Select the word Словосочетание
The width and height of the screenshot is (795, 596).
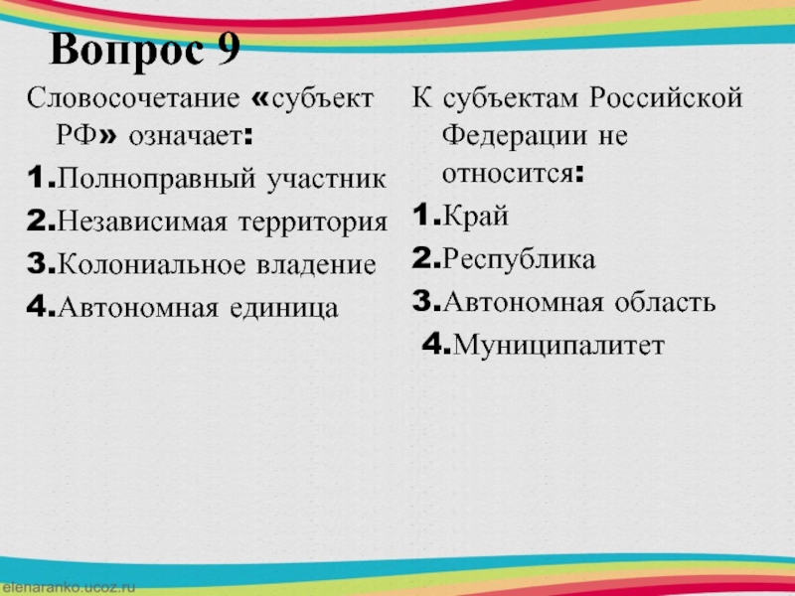coord(133,97)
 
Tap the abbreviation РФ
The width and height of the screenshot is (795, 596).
coord(77,136)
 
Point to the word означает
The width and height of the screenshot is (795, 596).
coord(185,137)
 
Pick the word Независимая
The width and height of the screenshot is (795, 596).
coord(142,222)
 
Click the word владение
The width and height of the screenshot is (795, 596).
coord(316,265)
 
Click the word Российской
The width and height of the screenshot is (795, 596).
coord(666,97)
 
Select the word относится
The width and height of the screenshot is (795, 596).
coord(508,175)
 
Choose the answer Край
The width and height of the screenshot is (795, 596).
coord(476,217)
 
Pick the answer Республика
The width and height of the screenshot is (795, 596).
coord(519,259)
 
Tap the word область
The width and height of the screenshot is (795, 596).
coord(665,302)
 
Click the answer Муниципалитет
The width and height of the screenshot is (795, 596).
coord(558,346)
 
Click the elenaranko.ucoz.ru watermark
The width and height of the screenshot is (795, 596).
coord(69,588)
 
